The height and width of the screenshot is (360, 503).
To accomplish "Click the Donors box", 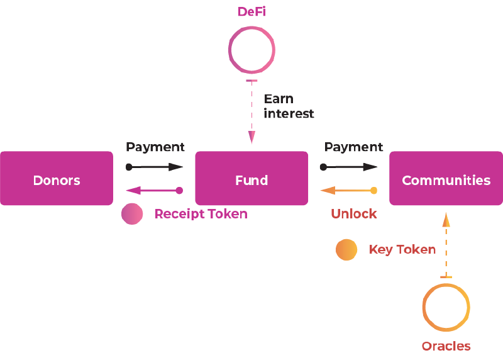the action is (57, 178).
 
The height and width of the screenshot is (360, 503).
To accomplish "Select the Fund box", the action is (251, 178).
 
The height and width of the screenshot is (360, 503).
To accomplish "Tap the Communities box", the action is (446, 178).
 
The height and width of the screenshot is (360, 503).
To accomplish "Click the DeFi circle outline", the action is (229, 50).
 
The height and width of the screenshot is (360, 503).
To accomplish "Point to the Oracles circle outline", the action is (423, 307).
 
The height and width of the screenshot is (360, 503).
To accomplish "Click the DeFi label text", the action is (251, 12).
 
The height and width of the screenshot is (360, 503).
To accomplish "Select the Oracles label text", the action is (446, 346).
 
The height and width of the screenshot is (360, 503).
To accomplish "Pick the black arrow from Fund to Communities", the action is (349, 167).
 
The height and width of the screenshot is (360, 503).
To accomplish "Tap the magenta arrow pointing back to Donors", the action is (154, 191).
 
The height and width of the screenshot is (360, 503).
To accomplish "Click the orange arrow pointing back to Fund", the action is (349, 191).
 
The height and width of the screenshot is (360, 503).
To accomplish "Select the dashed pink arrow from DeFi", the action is (252, 112).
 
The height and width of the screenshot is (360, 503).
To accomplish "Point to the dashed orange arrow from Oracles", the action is (446, 245).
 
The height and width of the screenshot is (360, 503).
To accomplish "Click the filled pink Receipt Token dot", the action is (132, 214).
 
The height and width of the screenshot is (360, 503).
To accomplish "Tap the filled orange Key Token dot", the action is (346, 249).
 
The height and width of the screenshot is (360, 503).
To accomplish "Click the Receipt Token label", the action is (201, 214).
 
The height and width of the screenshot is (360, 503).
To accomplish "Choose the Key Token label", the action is (402, 249).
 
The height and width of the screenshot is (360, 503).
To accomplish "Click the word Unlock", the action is (354, 214).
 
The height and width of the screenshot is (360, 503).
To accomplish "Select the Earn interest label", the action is (289, 106).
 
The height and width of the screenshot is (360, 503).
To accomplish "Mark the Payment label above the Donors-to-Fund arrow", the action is (155, 147).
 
